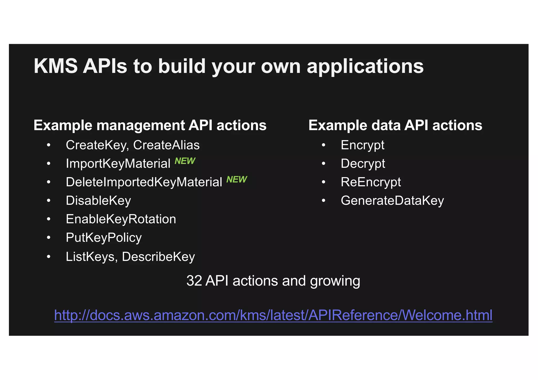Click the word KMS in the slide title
click(55, 66)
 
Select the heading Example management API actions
click(150, 125)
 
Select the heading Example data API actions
click(395, 125)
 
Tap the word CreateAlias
click(166, 145)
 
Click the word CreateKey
click(96, 145)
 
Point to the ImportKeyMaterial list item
click(118, 163)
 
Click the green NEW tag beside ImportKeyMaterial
click(185, 161)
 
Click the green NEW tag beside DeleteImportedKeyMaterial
click(237, 180)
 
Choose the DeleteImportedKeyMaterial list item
click(144, 182)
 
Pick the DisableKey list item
click(98, 201)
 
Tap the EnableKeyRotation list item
click(121, 219)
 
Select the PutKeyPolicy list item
click(104, 238)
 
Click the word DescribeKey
click(158, 257)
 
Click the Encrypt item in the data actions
click(363, 145)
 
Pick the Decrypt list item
click(363, 164)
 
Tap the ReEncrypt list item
click(371, 182)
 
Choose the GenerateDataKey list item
click(392, 201)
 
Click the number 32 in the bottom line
click(194, 281)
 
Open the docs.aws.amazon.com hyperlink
click(273, 315)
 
